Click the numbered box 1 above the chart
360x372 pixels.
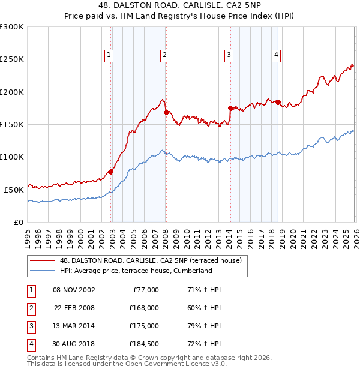[x=109, y=55]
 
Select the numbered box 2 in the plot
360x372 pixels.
[x=164, y=55]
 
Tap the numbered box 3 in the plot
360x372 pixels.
[x=229, y=55]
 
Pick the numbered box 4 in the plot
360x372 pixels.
[x=276, y=55]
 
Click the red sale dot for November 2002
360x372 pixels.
[x=111, y=172]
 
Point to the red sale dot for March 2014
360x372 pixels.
[x=230, y=108]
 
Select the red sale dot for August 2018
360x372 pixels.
[x=278, y=102]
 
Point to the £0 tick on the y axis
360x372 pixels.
[x=18, y=222]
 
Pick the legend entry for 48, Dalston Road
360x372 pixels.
[x=150, y=260]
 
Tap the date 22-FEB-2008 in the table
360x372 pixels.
[x=74, y=308]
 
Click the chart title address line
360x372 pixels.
[x=180, y=5]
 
